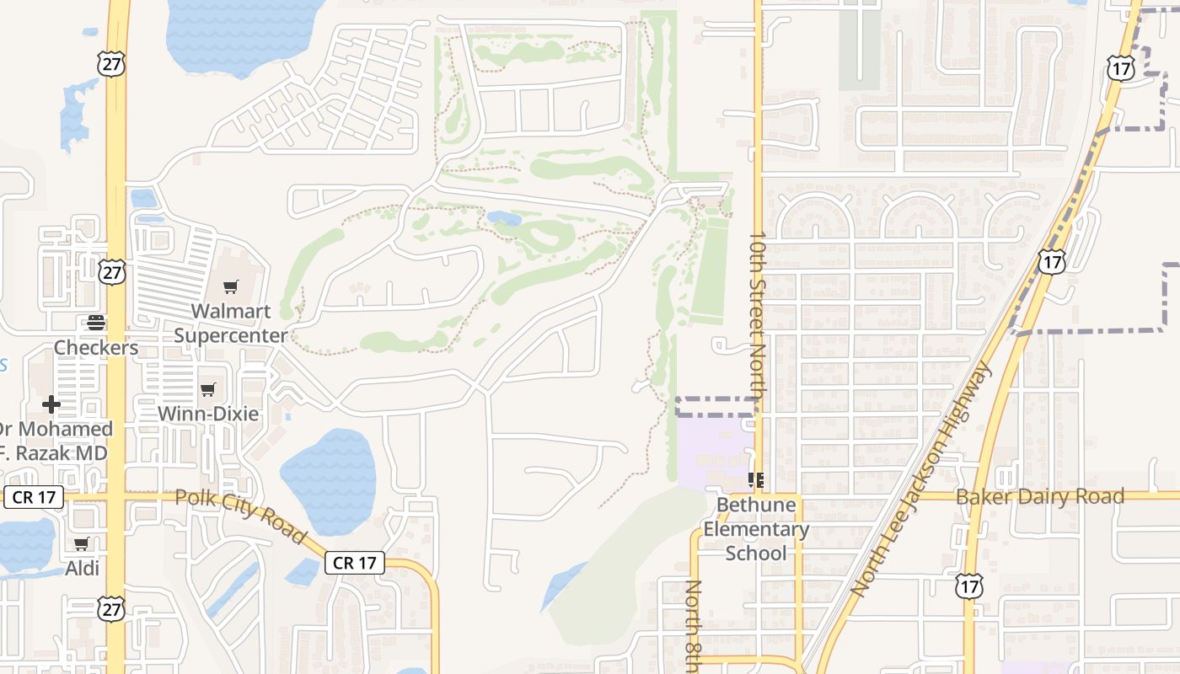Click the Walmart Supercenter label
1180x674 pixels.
click(230, 324)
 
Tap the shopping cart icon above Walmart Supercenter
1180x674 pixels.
click(230, 287)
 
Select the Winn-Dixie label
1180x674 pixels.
click(208, 414)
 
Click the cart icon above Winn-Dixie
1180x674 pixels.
click(208, 389)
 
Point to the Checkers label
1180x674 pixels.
click(96, 347)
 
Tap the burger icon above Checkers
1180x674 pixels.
click(96, 322)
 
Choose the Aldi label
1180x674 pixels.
click(83, 569)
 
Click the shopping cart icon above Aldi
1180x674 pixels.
click(82, 544)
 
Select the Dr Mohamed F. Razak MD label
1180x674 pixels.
click(56, 441)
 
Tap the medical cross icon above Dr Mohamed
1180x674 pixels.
click(51, 404)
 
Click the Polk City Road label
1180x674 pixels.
click(240, 515)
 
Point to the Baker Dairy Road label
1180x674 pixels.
click(1039, 496)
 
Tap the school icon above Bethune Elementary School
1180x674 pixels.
click(756, 480)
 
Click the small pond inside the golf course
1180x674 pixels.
click(504, 218)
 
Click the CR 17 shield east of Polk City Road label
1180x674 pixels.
click(354, 563)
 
